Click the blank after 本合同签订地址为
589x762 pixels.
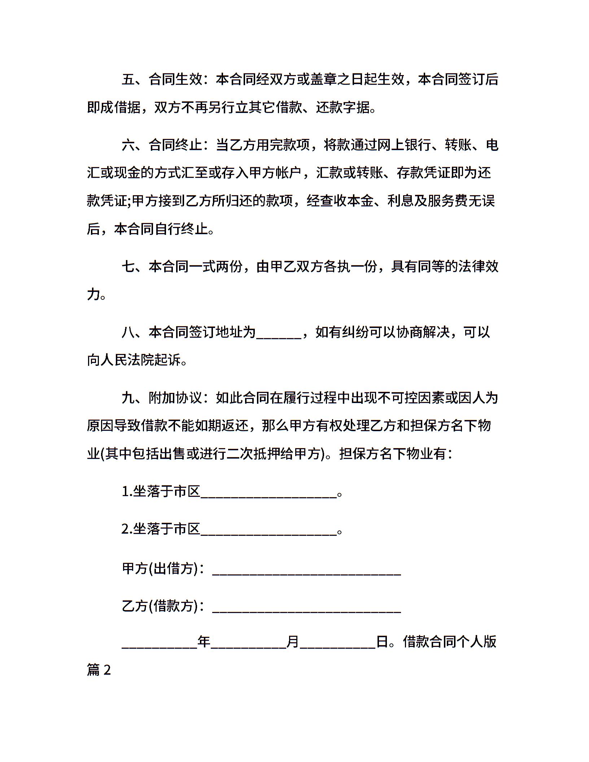click(x=278, y=333)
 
